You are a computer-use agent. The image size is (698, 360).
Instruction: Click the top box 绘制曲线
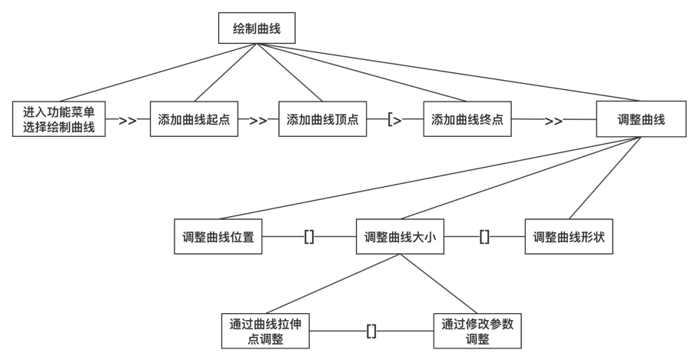click(256, 30)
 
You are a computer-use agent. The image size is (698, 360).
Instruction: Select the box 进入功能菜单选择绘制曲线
click(60, 119)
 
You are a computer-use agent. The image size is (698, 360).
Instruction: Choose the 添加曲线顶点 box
click(322, 120)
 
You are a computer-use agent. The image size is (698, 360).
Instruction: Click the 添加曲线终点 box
click(467, 120)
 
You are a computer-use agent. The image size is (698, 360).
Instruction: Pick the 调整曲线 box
click(641, 120)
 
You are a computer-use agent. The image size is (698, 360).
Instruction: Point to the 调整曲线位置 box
click(219, 238)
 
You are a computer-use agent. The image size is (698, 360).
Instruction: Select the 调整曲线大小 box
click(400, 238)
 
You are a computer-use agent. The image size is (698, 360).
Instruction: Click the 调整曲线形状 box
click(569, 238)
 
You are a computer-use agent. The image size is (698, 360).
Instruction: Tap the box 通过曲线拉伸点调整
click(264, 332)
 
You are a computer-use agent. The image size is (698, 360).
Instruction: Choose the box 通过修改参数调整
click(477, 332)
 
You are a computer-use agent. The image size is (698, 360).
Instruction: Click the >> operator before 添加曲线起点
click(128, 121)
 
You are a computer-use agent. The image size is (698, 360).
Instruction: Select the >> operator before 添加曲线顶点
click(258, 121)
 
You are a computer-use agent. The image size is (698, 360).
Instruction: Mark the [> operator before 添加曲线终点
click(395, 121)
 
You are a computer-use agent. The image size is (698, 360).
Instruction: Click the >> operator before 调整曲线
click(553, 121)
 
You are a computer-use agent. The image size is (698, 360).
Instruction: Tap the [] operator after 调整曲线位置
click(309, 238)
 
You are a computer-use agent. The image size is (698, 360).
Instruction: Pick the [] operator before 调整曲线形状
click(484, 238)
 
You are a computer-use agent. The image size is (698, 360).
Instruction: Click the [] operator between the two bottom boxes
click(371, 332)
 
